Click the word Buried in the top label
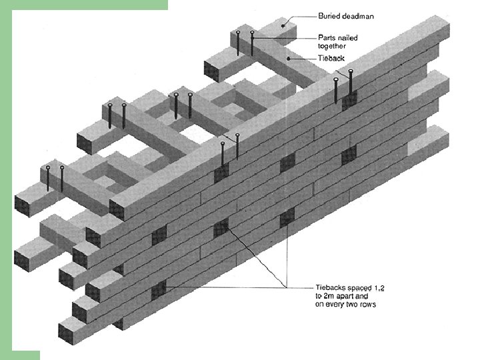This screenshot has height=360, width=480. tap(330, 15)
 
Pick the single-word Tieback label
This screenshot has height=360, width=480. tap(331, 59)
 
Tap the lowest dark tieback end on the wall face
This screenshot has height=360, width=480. tap(158, 291)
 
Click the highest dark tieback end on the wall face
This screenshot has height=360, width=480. tap(349, 100)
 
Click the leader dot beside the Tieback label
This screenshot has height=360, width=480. tap(287, 59)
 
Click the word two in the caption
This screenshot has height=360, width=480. tap(356, 305)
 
